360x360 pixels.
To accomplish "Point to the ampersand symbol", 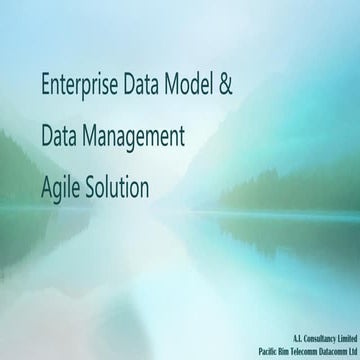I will point(225,85).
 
